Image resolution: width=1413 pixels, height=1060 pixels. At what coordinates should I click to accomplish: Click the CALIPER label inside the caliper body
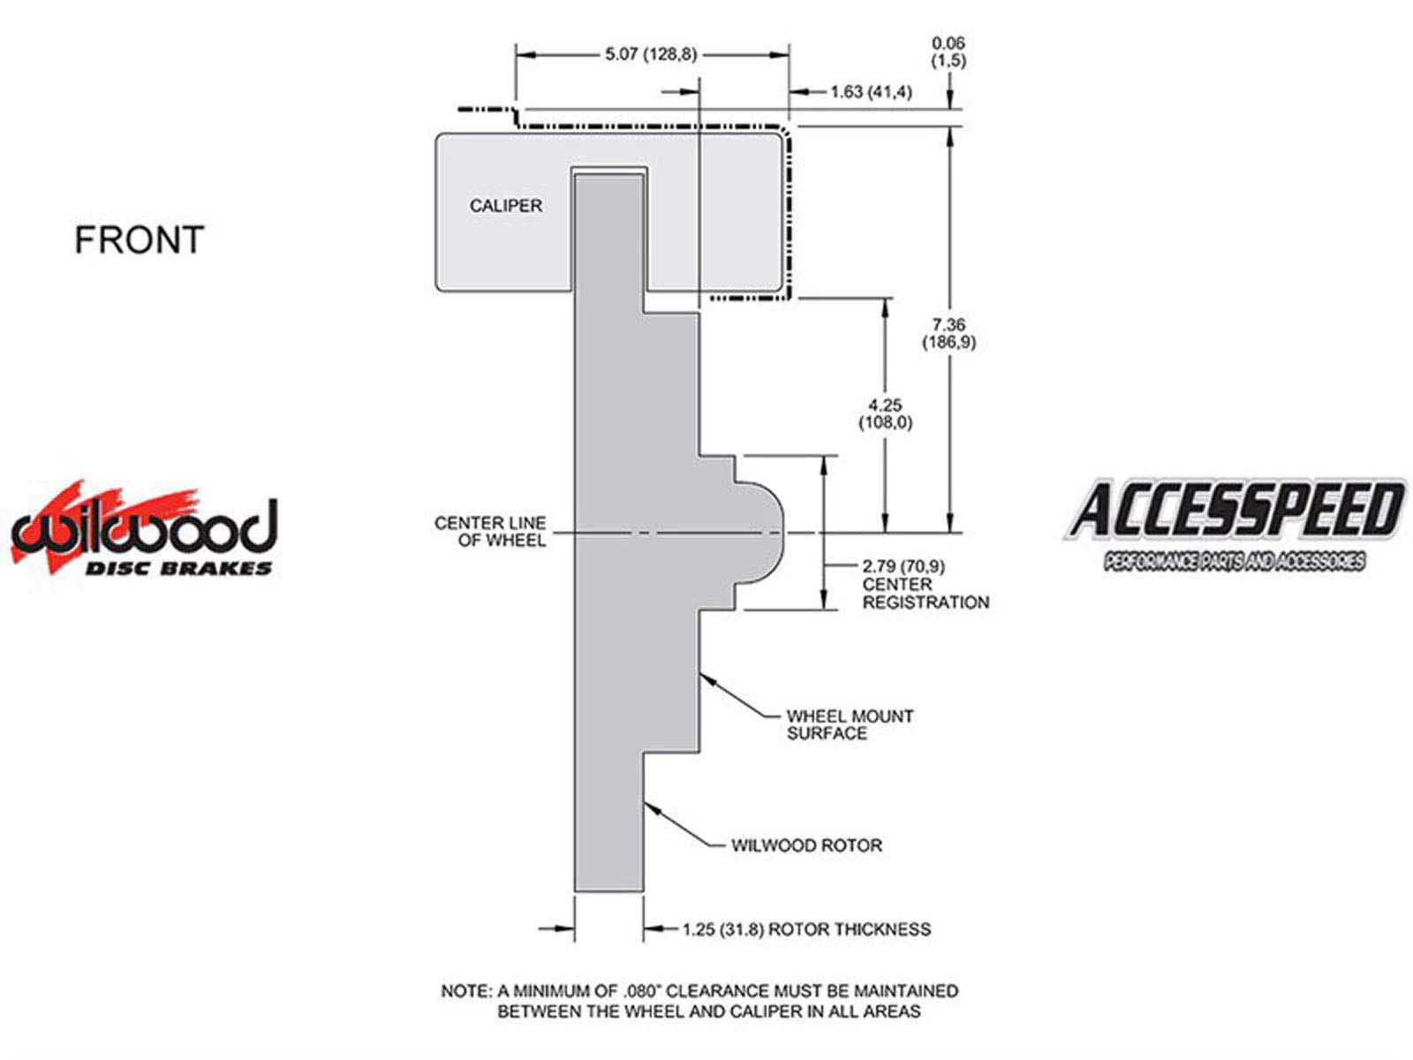[505, 206]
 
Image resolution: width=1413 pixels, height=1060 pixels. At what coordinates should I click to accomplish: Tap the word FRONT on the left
[139, 240]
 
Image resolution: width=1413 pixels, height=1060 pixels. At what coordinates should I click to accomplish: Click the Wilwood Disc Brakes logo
[144, 528]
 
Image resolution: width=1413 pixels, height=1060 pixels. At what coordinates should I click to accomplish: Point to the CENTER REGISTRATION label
[926, 594]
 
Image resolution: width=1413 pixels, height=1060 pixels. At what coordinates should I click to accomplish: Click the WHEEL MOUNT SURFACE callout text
[850, 724]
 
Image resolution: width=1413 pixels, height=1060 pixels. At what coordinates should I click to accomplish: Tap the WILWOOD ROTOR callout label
[806, 845]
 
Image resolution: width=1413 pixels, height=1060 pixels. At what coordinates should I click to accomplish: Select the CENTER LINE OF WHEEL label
[490, 531]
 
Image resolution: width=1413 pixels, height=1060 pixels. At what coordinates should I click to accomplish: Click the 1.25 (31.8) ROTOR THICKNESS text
[806, 929]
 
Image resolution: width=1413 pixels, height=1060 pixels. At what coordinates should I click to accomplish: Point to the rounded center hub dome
[760, 534]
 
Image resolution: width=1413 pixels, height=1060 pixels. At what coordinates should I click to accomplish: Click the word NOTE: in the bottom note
[466, 991]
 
